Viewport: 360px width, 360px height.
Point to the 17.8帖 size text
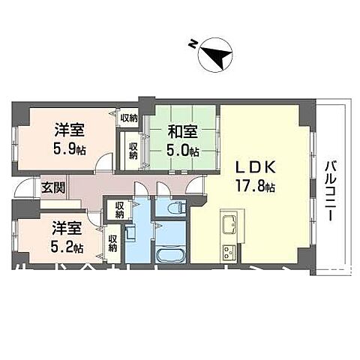point(259,185)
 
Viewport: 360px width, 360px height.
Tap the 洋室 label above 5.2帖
point(67,227)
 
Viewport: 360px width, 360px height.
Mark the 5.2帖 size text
point(68,245)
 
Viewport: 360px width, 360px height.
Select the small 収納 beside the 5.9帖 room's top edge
point(128,118)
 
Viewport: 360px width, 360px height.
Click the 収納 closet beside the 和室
point(133,150)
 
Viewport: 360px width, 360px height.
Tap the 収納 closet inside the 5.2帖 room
point(112,244)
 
